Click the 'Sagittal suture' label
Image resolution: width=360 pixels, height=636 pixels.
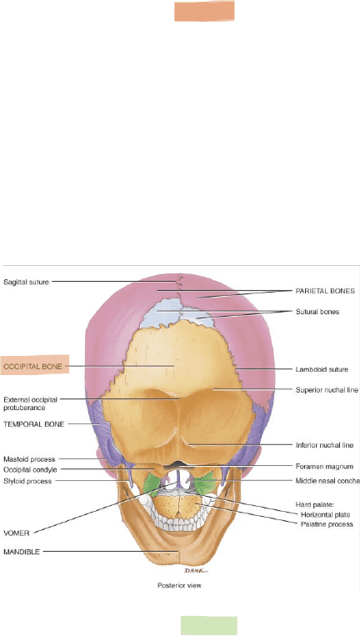click(x=27, y=282)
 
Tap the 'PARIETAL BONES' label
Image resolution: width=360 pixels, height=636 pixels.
click(x=325, y=291)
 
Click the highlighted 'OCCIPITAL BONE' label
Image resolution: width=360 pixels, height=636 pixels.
click(x=32, y=367)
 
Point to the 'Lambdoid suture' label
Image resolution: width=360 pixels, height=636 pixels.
click(x=322, y=369)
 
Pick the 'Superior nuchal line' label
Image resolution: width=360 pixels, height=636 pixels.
click(x=327, y=390)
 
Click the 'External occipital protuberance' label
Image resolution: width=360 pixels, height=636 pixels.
click(x=30, y=403)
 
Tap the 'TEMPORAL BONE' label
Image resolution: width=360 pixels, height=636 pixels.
click(x=33, y=424)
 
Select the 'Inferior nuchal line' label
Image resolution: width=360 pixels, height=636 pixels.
click(x=324, y=445)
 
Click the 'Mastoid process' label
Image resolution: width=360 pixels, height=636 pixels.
click(x=29, y=459)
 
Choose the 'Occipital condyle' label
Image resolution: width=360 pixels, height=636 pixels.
click(x=30, y=469)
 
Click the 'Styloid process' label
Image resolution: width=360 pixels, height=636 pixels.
click(x=27, y=482)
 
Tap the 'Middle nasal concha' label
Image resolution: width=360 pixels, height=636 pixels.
click(x=327, y=481)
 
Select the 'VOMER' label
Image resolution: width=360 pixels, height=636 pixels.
click(x=17, y=533)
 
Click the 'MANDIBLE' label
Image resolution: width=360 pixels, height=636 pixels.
click(x=22, y=552)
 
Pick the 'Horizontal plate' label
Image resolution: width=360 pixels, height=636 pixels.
click(x=326, y=515)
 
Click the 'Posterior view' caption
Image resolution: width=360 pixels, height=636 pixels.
click(x=179, y=586)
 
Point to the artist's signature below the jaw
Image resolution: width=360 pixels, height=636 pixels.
click(x=196, y=571)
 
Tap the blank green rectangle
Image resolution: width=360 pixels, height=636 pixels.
click(x=209, y=625)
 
